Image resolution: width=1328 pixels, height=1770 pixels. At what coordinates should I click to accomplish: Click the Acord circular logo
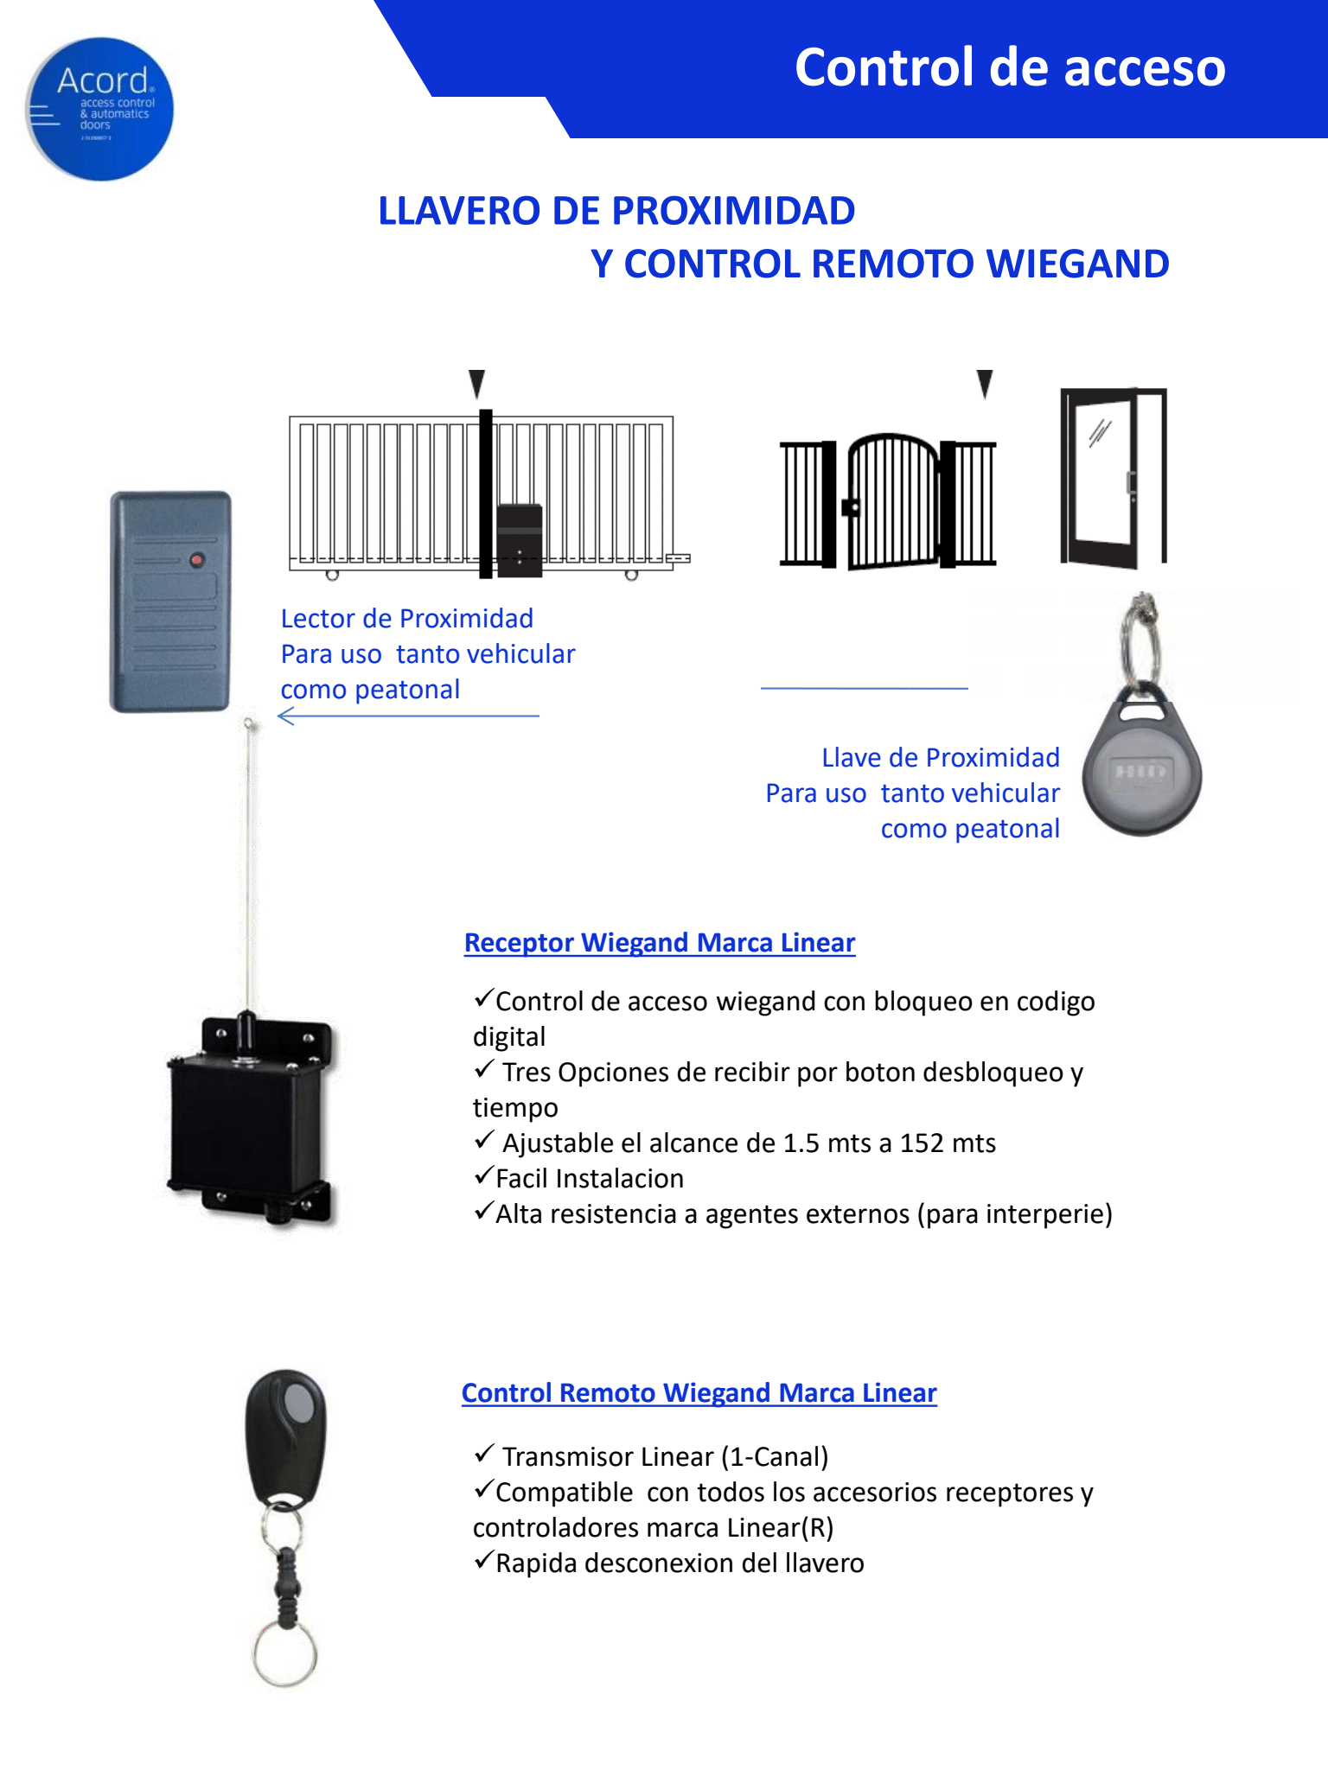tap(99, 109)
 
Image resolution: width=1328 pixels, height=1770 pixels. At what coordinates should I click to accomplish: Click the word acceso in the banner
tap(1144, 67)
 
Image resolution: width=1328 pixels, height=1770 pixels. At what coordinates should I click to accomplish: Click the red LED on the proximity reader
tap(196, 560)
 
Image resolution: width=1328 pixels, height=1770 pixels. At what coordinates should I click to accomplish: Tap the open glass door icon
tap(1114, 477)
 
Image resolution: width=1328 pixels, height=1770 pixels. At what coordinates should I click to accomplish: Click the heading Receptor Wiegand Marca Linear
tap(659, 943)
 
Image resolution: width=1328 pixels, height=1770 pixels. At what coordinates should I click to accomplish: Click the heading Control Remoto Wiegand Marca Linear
tap(699, 1393)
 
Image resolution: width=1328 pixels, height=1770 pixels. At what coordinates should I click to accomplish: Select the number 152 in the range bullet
tap(921, 1143)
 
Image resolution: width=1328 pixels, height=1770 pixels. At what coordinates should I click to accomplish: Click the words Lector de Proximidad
tap(406, 619)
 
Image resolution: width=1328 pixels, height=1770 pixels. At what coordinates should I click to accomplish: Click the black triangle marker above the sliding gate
tap(476, 383)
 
